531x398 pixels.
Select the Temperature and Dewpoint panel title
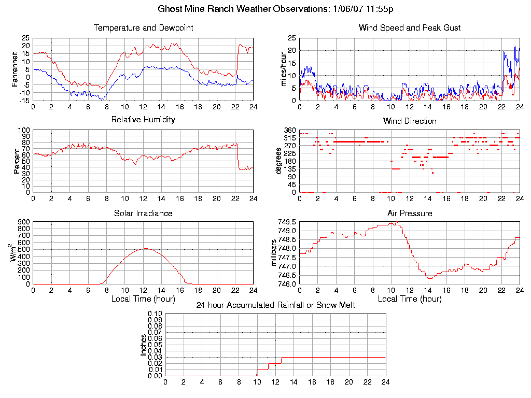tap(143, 27)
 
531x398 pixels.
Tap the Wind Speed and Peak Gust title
tap(410, 27)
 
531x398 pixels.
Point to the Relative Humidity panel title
tap(143, 120)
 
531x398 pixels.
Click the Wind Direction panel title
tap(410, 121)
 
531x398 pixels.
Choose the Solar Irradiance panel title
tap(143, 213)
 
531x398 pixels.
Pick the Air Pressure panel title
tap(410, 213)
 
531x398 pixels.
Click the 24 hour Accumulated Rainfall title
tap(275, 305)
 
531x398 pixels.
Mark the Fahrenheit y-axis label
tap(15, 69)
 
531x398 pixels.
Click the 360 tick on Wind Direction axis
tap(289, 130)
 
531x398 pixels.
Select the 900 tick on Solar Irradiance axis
tap(24, 222)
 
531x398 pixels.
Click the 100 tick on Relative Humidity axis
tap(24, 130)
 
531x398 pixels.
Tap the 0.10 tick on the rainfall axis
tap(155, 314)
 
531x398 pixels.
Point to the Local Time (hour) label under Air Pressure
tap(410, 298)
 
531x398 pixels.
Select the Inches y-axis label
tap(144, 345)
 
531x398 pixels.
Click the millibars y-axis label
tap(275, 253)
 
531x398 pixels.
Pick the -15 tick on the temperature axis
tap(24, 101)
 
